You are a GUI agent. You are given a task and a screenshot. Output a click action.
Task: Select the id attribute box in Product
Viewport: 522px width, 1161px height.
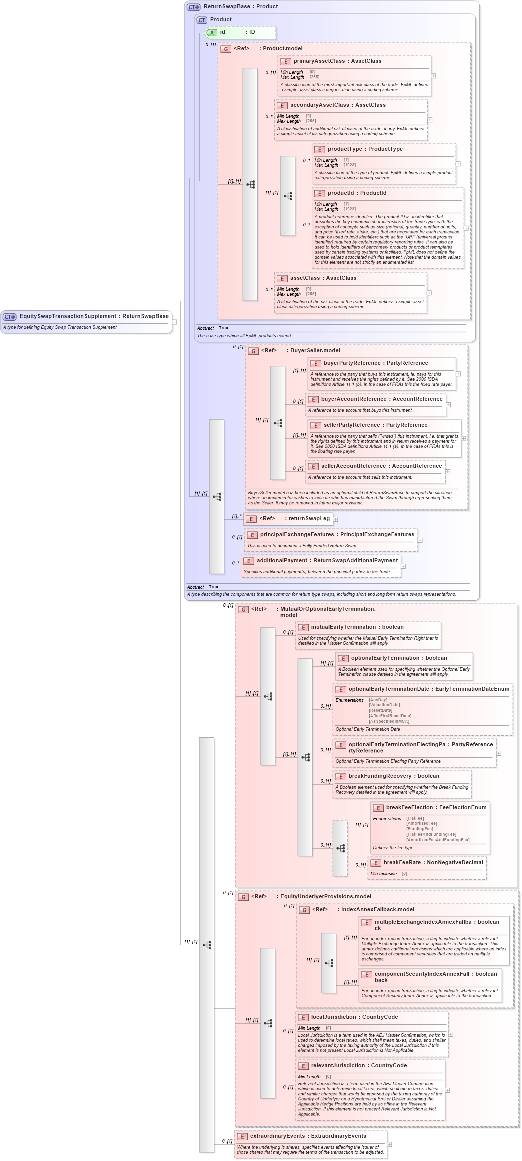(240, 32)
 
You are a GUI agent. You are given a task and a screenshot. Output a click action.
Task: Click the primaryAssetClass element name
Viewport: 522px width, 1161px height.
(319, 61)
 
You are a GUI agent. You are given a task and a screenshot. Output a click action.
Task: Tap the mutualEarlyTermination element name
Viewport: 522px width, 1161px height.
(343, 627)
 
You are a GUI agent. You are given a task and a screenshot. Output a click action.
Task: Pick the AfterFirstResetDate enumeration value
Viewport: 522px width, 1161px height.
(390, 716)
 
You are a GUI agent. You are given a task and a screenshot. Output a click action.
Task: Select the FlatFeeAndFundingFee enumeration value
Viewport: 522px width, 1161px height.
(431, 834)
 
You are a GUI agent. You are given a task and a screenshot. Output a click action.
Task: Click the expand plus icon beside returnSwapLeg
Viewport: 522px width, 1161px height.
(336, 519)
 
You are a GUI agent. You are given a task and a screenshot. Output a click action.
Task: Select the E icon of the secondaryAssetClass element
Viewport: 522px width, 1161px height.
(282, 106)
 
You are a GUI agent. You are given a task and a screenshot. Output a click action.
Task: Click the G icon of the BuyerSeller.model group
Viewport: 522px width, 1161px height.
(253, 351)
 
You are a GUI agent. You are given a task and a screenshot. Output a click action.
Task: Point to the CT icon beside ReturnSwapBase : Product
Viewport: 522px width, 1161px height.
(193, 7)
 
